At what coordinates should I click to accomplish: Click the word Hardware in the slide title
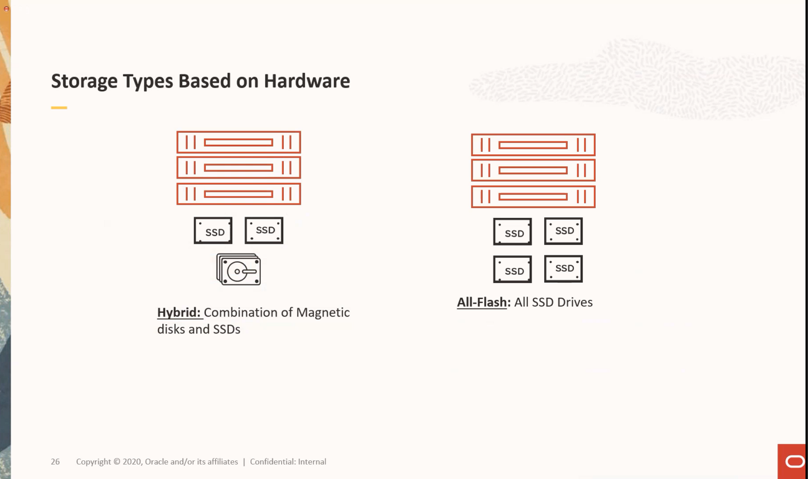click(x=306, y=81)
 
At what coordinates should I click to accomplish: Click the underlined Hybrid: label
click(x=179, y=312)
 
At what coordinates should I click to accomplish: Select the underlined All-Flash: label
click(x=484, y=302)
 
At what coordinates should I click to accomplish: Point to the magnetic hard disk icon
click(x=238, y=270)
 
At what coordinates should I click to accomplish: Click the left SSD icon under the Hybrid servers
click(x=213, y=230)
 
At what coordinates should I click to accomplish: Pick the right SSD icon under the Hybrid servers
click(x=264, y=230)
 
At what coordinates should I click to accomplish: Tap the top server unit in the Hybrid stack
click(x=238, y=142)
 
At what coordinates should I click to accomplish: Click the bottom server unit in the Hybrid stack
click(x=238, y=194)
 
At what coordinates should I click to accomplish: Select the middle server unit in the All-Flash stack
click(x=533, y=170)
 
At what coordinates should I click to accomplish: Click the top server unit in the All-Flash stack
click(x=533, y=145)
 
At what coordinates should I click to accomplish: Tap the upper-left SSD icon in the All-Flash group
click(x=513, y=232)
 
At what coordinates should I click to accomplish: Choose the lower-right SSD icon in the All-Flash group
click(x=563, y=269)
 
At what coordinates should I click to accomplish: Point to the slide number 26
click(x=56, y=462)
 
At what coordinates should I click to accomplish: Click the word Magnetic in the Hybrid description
click(x=323, y=312)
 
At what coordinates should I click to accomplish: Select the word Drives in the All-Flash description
click(x=572, y=302)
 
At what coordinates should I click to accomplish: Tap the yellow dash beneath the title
click(x=59, y=108)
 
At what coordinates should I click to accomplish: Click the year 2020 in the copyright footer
click(x=132, y=462)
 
